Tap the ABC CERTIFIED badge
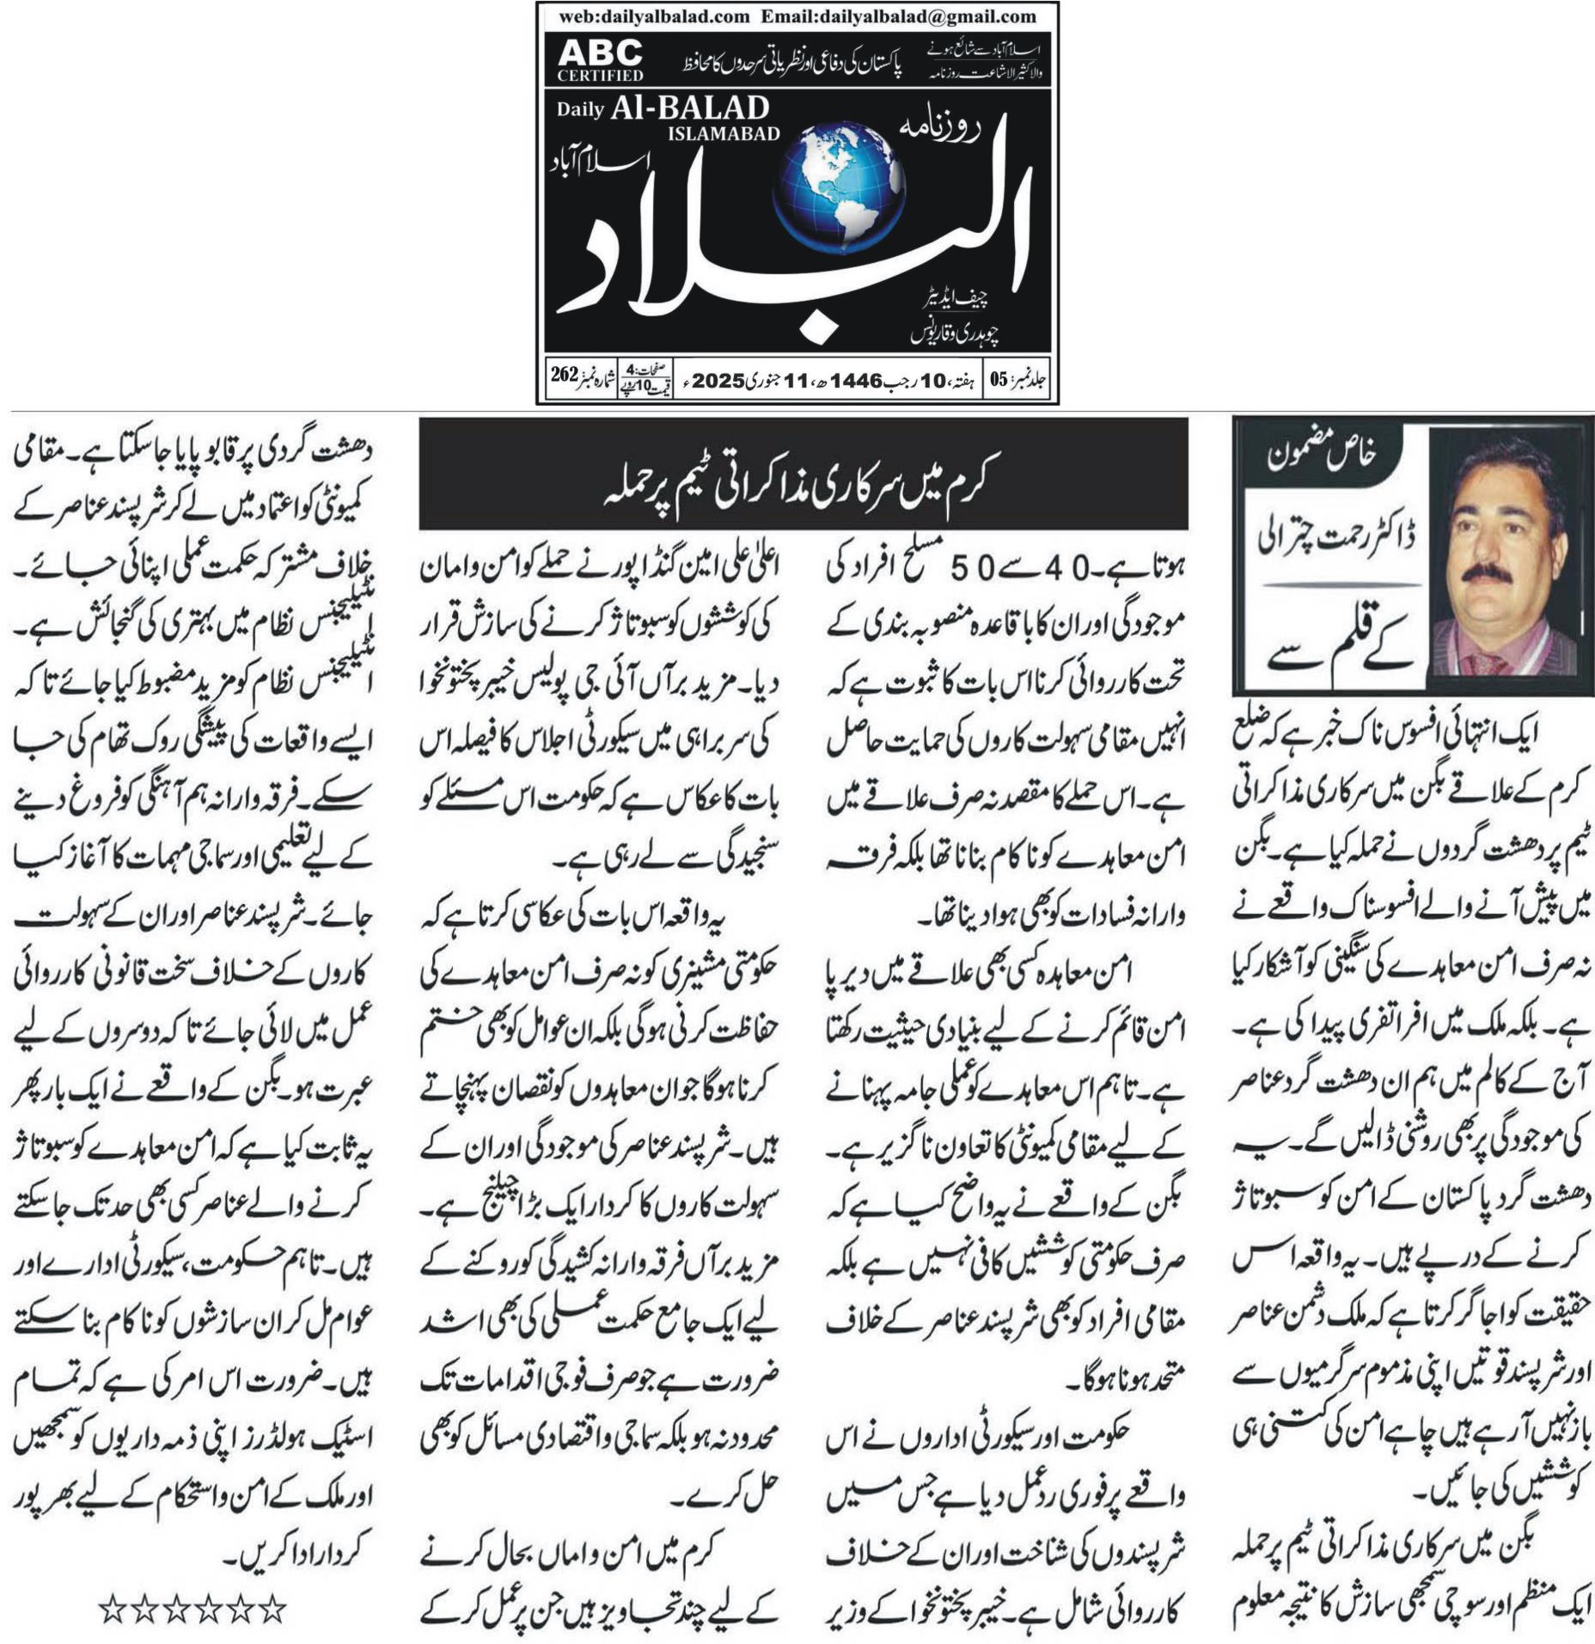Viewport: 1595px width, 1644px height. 600,60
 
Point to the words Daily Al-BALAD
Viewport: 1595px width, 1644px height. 663,108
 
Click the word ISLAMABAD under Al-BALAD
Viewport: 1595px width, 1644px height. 724,133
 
